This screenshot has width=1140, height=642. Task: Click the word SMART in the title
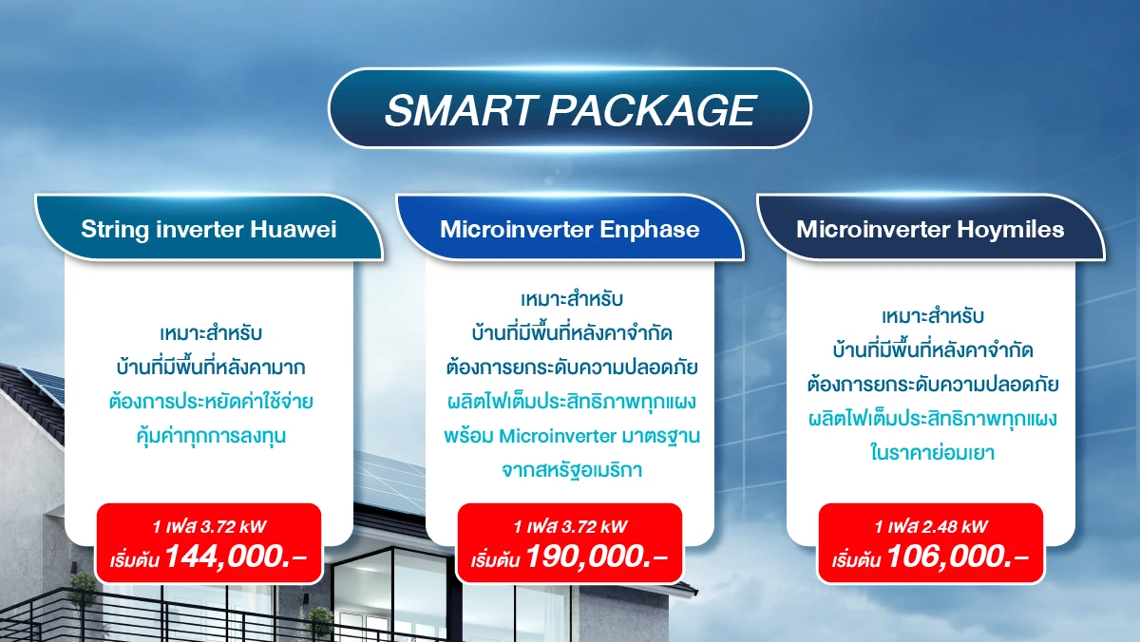[460, 110]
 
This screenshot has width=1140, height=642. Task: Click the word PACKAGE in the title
[652, 110]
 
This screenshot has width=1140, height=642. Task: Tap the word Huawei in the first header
[294, 230]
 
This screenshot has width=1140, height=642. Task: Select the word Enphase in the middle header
[650, 230]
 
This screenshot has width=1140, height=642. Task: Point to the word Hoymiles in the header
[1010, 230]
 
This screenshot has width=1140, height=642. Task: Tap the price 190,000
[596, 556]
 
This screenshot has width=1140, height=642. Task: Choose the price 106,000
[958, 556]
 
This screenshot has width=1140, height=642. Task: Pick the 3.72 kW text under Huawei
[233, 526]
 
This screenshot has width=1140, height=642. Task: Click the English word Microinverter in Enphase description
[558, 436]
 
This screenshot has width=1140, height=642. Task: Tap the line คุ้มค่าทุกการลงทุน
[211, 436]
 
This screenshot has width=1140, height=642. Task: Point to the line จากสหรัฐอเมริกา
[572, 470]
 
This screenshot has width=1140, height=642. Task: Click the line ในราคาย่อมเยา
[932, 453]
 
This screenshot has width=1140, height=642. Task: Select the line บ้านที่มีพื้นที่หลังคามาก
[211, 368]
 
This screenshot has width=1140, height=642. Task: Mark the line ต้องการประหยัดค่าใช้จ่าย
[211, 402]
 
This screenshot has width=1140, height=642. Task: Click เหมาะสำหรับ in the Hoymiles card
[932, 316]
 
